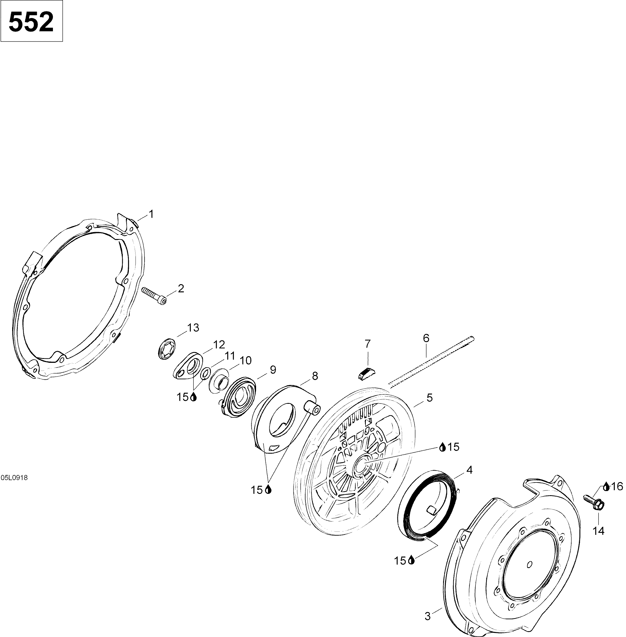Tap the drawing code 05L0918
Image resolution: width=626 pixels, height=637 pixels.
pyautogui.click(x=14, y=478)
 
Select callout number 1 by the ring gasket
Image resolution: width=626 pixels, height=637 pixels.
pyautogui.click(x=151, y=215)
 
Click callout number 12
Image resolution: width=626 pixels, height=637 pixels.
pyautogui.click(x=219, y=345)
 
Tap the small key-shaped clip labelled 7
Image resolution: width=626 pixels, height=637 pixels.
pyautogui.click(x=364, y=374)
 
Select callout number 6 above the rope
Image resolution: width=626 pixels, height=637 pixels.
pyautogui.click(x=426, y=338)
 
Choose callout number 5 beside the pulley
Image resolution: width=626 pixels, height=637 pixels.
pyautogui.click(x=430, y=397)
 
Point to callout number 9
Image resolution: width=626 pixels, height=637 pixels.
pyautogui.click(x=273, y=369)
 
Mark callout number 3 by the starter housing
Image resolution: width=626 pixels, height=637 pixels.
pyautogui.click(x=427, y=616)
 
